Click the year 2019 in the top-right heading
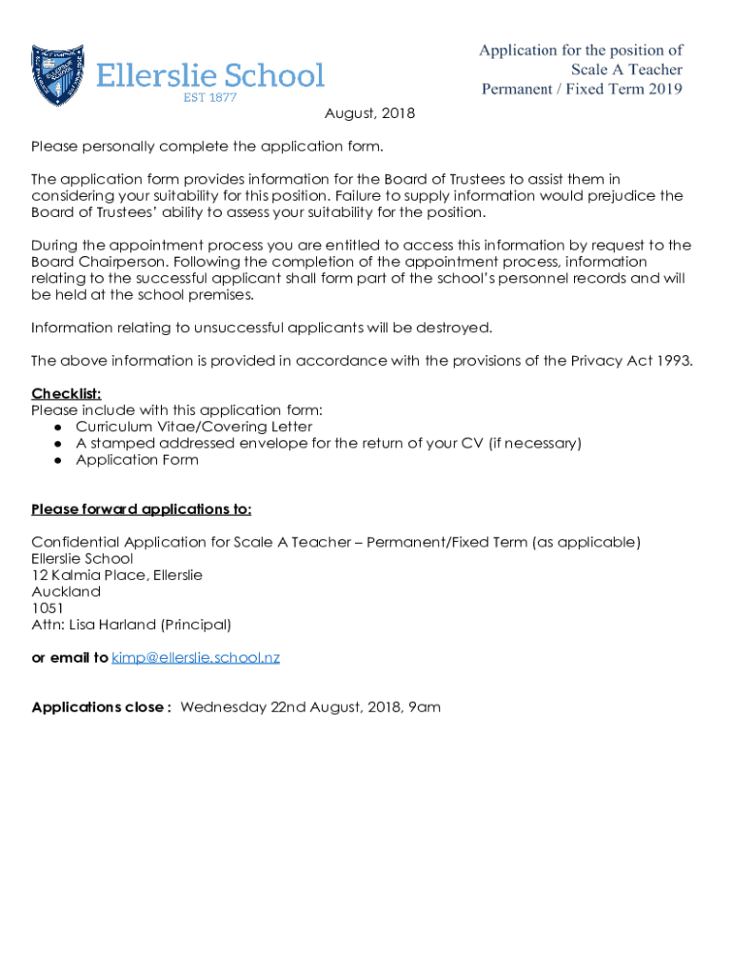click(x=663, y=90)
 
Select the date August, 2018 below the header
click(x=369, y=113)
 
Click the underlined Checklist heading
click(x=67, y=393)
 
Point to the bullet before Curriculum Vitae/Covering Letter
click(x=58, y=427)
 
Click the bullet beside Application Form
click(x=58, y=460)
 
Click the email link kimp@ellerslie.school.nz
click(x=195, y=658)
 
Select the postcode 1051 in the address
click(x=48, y=608)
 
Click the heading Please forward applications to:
click(x=141, y=508)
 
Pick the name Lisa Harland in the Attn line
click(x=112, y=625)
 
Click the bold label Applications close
click(x=100, y=707)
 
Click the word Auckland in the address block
click(x=66, y=591)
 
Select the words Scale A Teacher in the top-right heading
click(x=626, y=70)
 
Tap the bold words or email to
click(x=69, y=658)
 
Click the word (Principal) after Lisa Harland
click(x=195, y=625)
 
